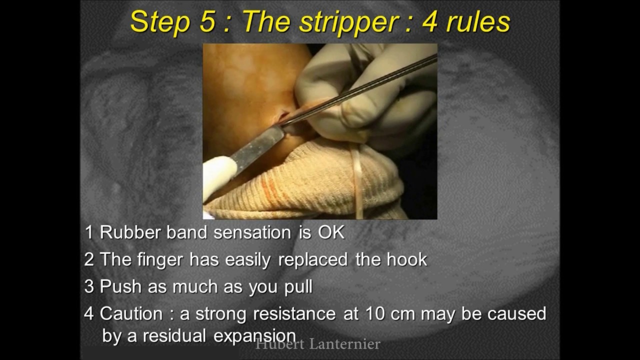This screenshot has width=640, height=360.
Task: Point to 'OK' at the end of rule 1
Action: point(331,232)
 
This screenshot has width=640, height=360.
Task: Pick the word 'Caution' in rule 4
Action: point(131,314)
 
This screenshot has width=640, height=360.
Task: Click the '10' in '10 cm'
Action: point(375,314)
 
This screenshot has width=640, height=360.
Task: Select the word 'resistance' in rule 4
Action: point(294,314)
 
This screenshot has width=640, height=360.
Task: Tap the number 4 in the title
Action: point(430,22)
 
